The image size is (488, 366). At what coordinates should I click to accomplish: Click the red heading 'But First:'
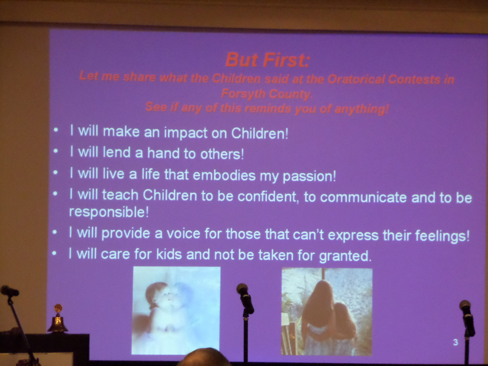click(x=268, y=60)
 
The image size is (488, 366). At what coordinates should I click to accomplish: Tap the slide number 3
click(x=455, y=342)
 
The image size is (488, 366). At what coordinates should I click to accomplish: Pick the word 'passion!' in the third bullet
click(x=309, y=176)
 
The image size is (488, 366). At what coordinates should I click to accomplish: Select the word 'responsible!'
click(x=109, y=212)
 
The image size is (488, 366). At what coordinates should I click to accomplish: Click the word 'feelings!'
click(x=443, y=236)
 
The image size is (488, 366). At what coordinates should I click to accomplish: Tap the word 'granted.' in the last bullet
click(x=345, y=256)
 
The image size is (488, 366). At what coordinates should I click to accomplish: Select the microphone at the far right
click(x=467, y=318)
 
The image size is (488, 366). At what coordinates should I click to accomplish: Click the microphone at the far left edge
click(x=9, y=291)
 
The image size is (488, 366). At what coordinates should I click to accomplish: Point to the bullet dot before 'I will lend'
click(x=56, y=151)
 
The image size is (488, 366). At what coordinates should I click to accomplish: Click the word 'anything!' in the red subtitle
click(x=362, y=109)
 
